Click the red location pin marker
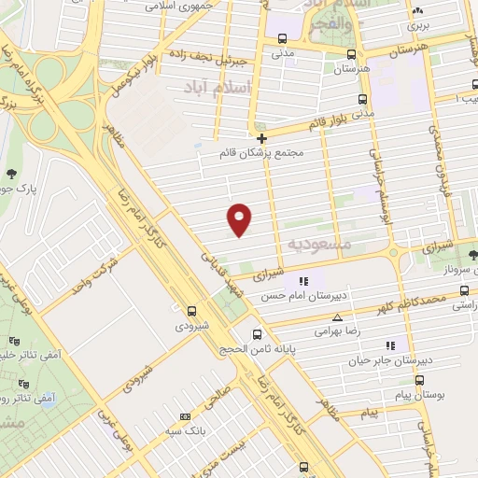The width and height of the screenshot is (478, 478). [x=240, y=218]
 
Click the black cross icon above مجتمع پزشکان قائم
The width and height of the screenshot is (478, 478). [x=261, y=137]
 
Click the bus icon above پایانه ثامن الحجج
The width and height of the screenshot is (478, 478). [x=257, y=333]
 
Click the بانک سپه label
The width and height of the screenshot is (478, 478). [x=184, y=429]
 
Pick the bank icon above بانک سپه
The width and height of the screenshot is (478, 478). [x=184, y=415]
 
